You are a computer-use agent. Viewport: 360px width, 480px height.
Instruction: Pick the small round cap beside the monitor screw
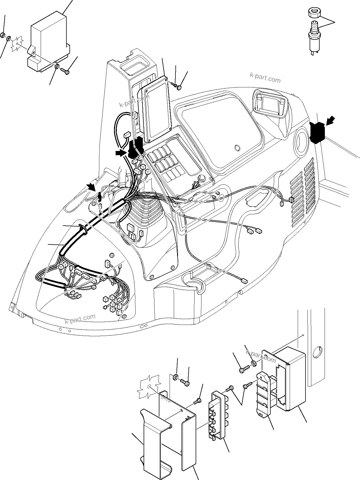pyautogui.click(x=179, y=88)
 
